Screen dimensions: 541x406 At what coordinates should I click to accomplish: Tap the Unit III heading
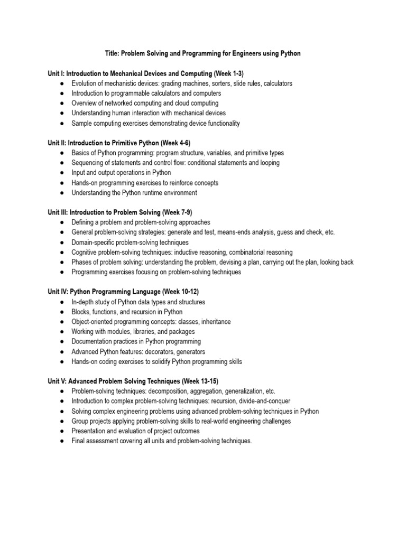point(119,212)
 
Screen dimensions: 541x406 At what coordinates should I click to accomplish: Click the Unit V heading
point(133,381)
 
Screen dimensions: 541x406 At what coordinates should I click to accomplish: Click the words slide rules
point(247,83)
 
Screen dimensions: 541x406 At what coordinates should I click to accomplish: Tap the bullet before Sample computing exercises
point(62,124)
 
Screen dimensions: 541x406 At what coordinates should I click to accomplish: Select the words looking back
point(338,262)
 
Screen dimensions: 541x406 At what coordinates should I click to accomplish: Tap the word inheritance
point(214,322)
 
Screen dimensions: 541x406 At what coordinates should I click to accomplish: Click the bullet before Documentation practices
point(62,342)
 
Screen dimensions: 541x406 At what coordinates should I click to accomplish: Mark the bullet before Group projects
point(62,422)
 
